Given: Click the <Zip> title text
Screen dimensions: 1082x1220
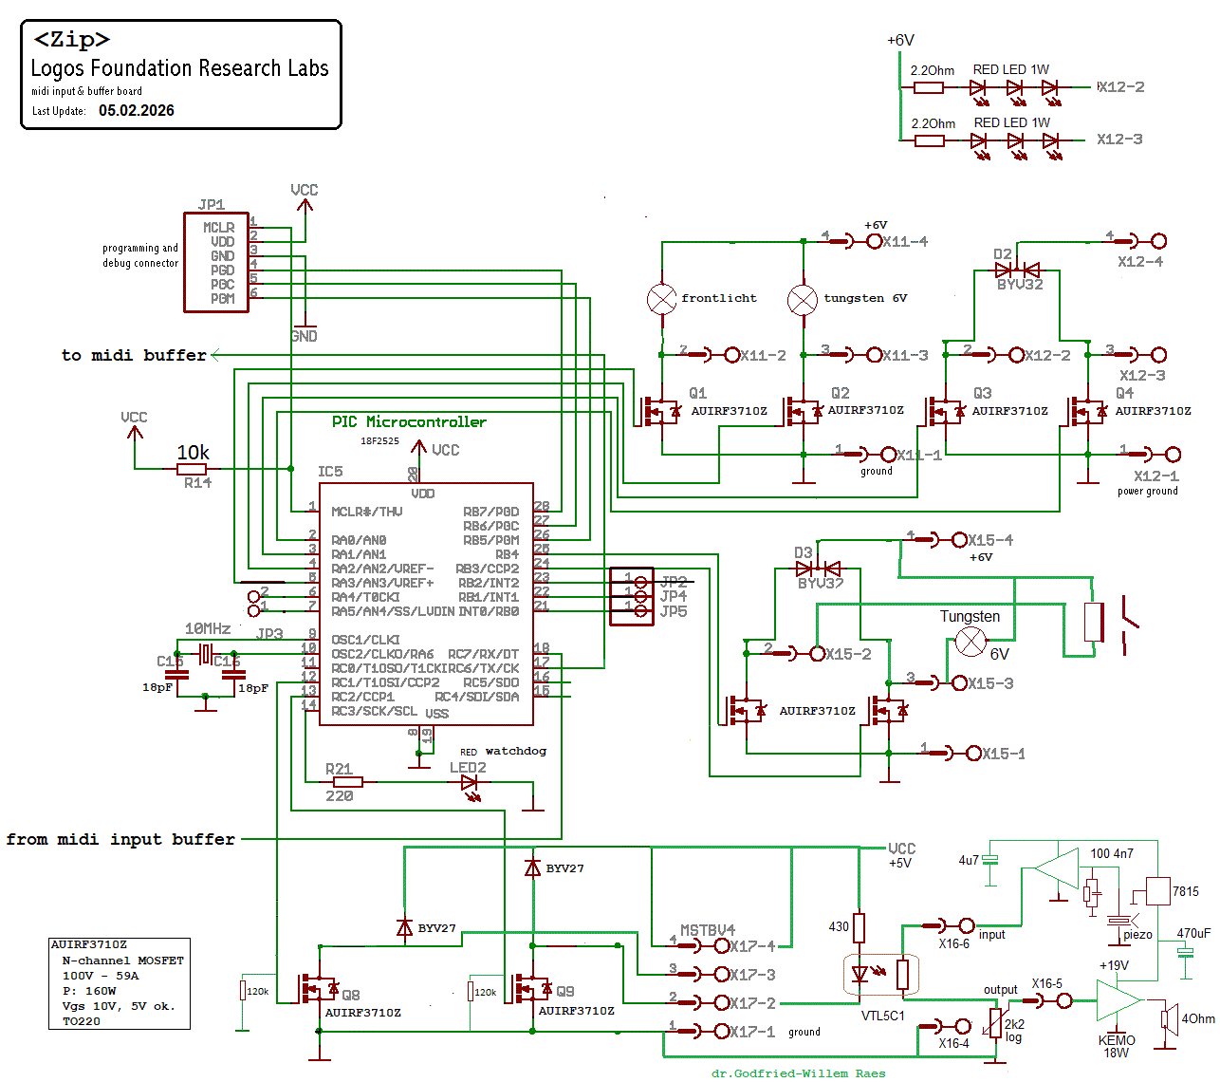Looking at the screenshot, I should point(72,40).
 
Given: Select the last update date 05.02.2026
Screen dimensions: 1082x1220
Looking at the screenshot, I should point(137,111).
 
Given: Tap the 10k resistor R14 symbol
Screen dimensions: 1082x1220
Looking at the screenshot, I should point(192,469).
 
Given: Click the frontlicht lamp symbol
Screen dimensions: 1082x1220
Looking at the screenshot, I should point(661,299).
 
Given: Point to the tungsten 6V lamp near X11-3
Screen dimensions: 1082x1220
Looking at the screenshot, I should point(803,300).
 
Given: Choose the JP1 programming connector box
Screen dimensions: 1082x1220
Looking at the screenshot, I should point(216,262).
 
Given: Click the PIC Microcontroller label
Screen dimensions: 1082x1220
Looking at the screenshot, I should point(409,422).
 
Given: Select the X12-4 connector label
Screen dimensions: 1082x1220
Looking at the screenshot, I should point(1140,262).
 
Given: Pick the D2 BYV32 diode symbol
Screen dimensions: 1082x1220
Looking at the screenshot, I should point(1017,270).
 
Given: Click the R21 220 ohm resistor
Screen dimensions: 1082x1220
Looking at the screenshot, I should point(342,782).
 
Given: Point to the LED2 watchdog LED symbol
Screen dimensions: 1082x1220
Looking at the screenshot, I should point(470,783).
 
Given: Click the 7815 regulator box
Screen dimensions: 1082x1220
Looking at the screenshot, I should point(1157,891).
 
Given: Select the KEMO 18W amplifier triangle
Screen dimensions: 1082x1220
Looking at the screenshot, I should point(1118,1000).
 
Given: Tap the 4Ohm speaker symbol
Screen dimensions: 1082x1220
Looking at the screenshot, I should point(1169,1018).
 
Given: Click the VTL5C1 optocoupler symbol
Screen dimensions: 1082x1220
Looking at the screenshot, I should point(881,975).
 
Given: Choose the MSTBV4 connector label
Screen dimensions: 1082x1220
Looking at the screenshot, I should point(708,930).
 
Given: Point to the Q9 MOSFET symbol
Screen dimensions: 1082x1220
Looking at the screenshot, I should point(532,990).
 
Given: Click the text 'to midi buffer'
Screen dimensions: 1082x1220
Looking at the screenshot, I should point(134,355).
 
